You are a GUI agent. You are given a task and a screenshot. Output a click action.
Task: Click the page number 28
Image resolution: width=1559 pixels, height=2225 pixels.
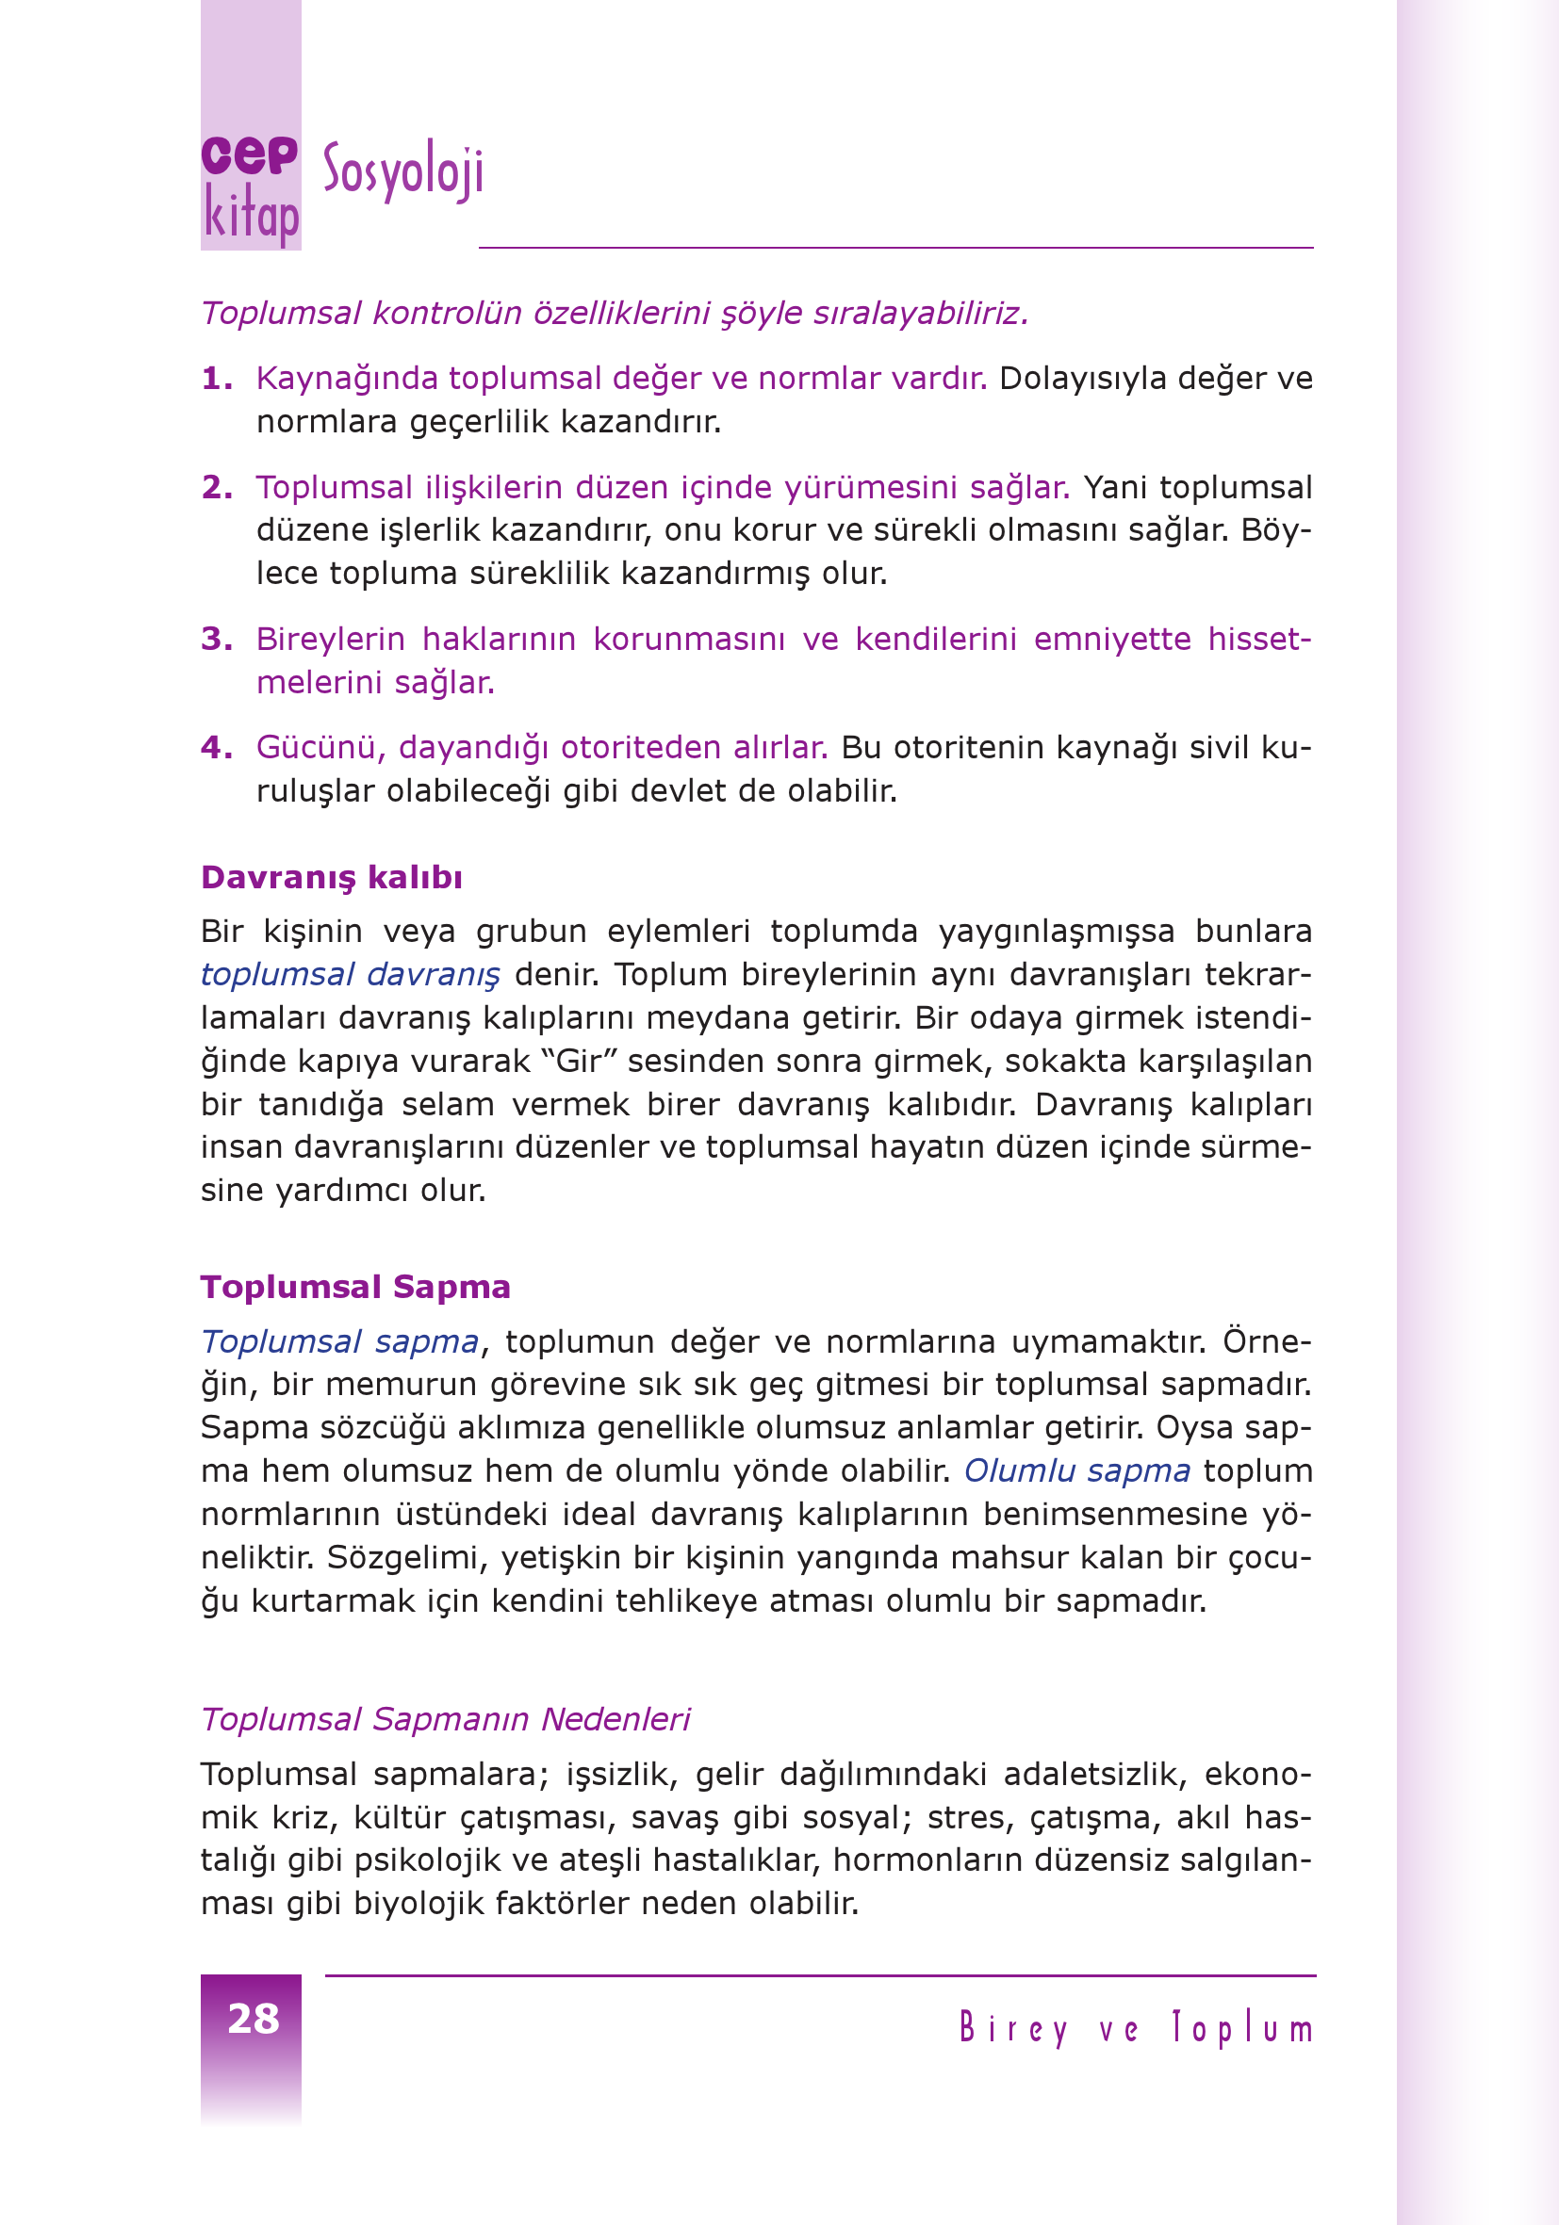pos(253,2019)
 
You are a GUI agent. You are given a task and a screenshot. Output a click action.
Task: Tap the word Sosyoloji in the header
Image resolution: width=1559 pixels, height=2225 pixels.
pos(402,171)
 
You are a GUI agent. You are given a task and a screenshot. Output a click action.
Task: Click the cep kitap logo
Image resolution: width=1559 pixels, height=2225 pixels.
pos(250,188)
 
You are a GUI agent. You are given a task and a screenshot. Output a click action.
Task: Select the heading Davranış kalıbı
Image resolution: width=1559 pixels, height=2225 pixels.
pos(332,877)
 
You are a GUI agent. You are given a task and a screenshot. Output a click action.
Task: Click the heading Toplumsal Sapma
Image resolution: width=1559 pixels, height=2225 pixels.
pos(354,1287)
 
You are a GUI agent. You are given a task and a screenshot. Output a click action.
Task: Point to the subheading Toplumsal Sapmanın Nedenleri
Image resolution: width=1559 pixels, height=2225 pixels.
pos(445,1719)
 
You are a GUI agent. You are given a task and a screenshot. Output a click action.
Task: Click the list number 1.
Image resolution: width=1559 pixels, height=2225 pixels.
pos(215,379)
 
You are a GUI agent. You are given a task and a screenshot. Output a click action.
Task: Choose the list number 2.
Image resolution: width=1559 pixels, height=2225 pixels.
pos(215,487)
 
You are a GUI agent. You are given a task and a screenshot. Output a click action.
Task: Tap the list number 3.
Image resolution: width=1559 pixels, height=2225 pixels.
pos(215,640)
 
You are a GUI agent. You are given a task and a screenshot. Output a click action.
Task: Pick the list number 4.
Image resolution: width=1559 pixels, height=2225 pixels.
pos(215,748)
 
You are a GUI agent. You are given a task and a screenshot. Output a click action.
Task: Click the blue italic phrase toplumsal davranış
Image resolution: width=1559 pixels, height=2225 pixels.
pos(350,975)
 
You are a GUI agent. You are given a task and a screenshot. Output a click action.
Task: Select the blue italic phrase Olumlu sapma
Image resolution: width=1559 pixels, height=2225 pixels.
pos(1076,1471)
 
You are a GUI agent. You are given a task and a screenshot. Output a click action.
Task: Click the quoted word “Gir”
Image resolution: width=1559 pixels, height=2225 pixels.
pos(580,1061)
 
